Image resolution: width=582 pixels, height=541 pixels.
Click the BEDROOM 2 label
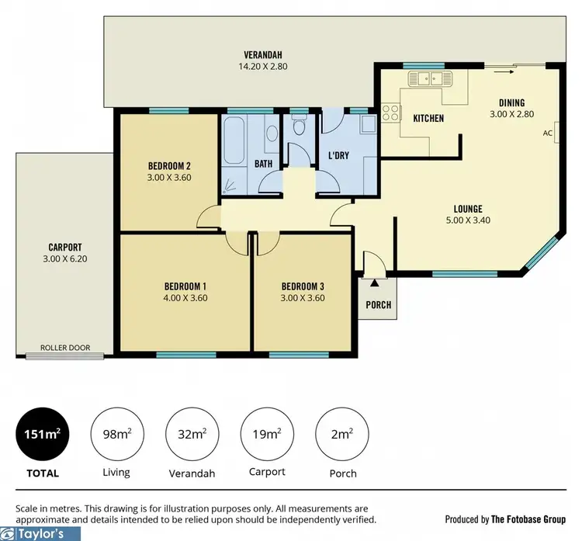click(x=169, y=165)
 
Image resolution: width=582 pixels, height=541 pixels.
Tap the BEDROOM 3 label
click(x=303, y=285)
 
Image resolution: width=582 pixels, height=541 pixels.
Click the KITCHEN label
click(x=428, y=119)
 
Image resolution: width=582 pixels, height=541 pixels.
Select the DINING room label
click(x=512, y=102)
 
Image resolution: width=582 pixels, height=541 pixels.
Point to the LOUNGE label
click(x=469, y=209)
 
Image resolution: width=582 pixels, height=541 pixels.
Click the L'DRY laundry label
click(x=339, y=156)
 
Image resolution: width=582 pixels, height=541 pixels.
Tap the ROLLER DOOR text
click(x=64, y=349)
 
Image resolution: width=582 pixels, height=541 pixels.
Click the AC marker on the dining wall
click(x=547, y=133)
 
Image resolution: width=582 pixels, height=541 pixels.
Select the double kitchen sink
click(x=424, y=78)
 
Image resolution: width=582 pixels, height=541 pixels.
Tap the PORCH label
click(x=379, y=304)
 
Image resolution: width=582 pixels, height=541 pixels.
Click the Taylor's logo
click(x=39, y=534)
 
